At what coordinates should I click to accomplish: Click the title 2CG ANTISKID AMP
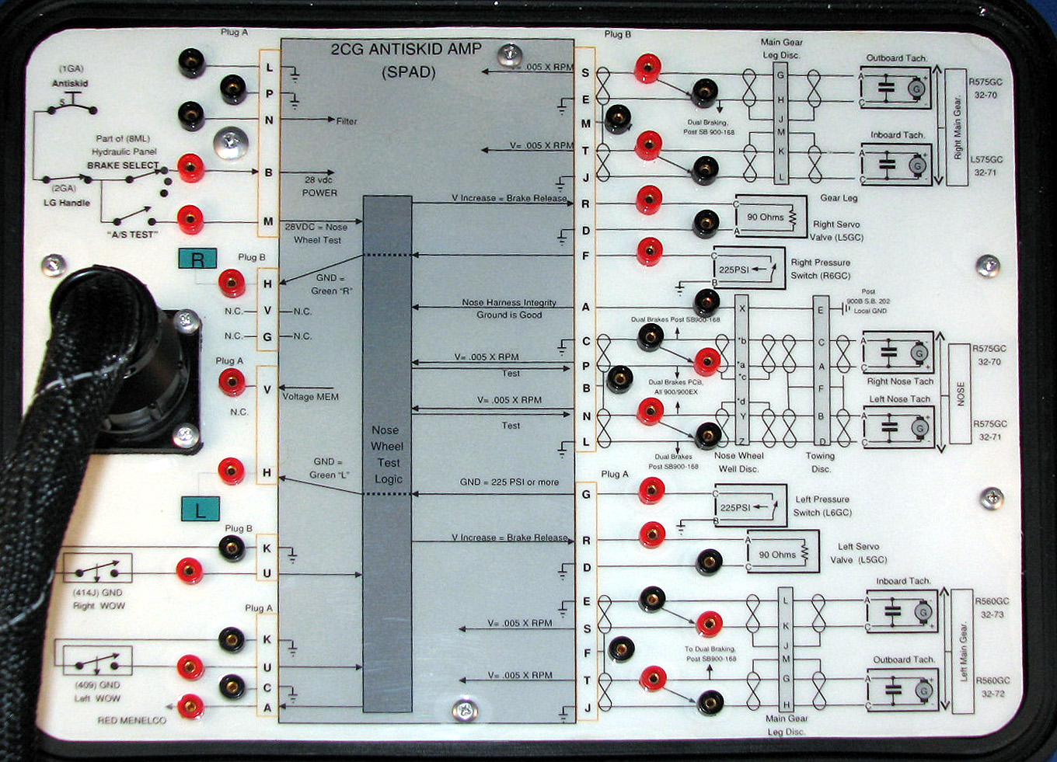click(406, 50)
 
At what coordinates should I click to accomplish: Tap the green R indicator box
click(197, 259)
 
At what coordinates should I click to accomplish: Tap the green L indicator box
click(201, 509)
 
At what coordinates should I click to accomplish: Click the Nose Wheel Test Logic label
click(387, 454)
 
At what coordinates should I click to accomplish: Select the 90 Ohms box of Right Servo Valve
click(766, 217)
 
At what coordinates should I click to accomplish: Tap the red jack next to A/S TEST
click(190, 219)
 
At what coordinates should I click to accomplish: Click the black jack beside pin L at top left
click(192, 63)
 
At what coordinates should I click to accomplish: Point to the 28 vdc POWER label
click(319, 186)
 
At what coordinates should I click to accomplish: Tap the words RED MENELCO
click(131, 720)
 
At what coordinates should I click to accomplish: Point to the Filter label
click(347, 121)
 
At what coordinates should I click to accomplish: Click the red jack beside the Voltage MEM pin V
click(232, 381)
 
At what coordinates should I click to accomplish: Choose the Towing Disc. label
click(820, 462)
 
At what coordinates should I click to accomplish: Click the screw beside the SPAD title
click(510, 54)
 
